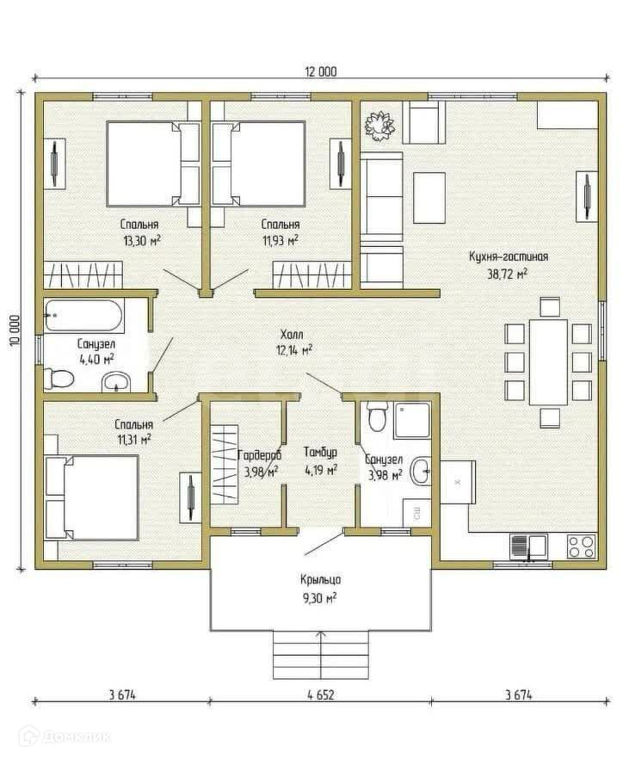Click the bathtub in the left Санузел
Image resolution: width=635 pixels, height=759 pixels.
coord(83,316)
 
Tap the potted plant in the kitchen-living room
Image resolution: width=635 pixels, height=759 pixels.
coord(379,126)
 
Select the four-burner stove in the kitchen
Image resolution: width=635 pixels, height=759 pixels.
coord(581,546)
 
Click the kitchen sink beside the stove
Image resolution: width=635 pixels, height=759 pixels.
coord(528,546)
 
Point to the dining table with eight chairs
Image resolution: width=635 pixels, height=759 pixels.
coord(548,361)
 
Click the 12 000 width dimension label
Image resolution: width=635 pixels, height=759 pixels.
coord(320,72)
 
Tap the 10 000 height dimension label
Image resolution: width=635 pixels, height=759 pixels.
coord(14,330)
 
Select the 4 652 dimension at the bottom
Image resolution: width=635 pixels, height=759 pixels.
coord(320,695)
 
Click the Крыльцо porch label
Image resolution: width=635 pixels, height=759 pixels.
coord(320,579)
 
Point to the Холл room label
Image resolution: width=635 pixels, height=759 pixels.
coord(292,335)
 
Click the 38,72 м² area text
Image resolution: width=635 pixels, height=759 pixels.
coord(508,274)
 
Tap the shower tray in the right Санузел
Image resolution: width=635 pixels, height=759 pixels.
coord(412,420)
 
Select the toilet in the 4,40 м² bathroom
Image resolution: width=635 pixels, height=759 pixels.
coord(59,378)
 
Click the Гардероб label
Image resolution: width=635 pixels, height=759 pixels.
coord(260,455)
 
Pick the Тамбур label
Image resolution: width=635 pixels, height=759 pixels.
coord(320,452)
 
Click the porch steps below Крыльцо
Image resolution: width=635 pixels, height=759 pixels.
coord(320,655)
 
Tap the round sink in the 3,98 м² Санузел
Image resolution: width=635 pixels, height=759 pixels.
coord(420,471)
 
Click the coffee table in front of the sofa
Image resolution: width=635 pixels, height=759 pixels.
coord(429,198)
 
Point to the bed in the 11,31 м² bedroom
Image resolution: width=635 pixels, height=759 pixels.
coord(91,497)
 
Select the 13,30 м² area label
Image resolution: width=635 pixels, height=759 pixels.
coord(142,241)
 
